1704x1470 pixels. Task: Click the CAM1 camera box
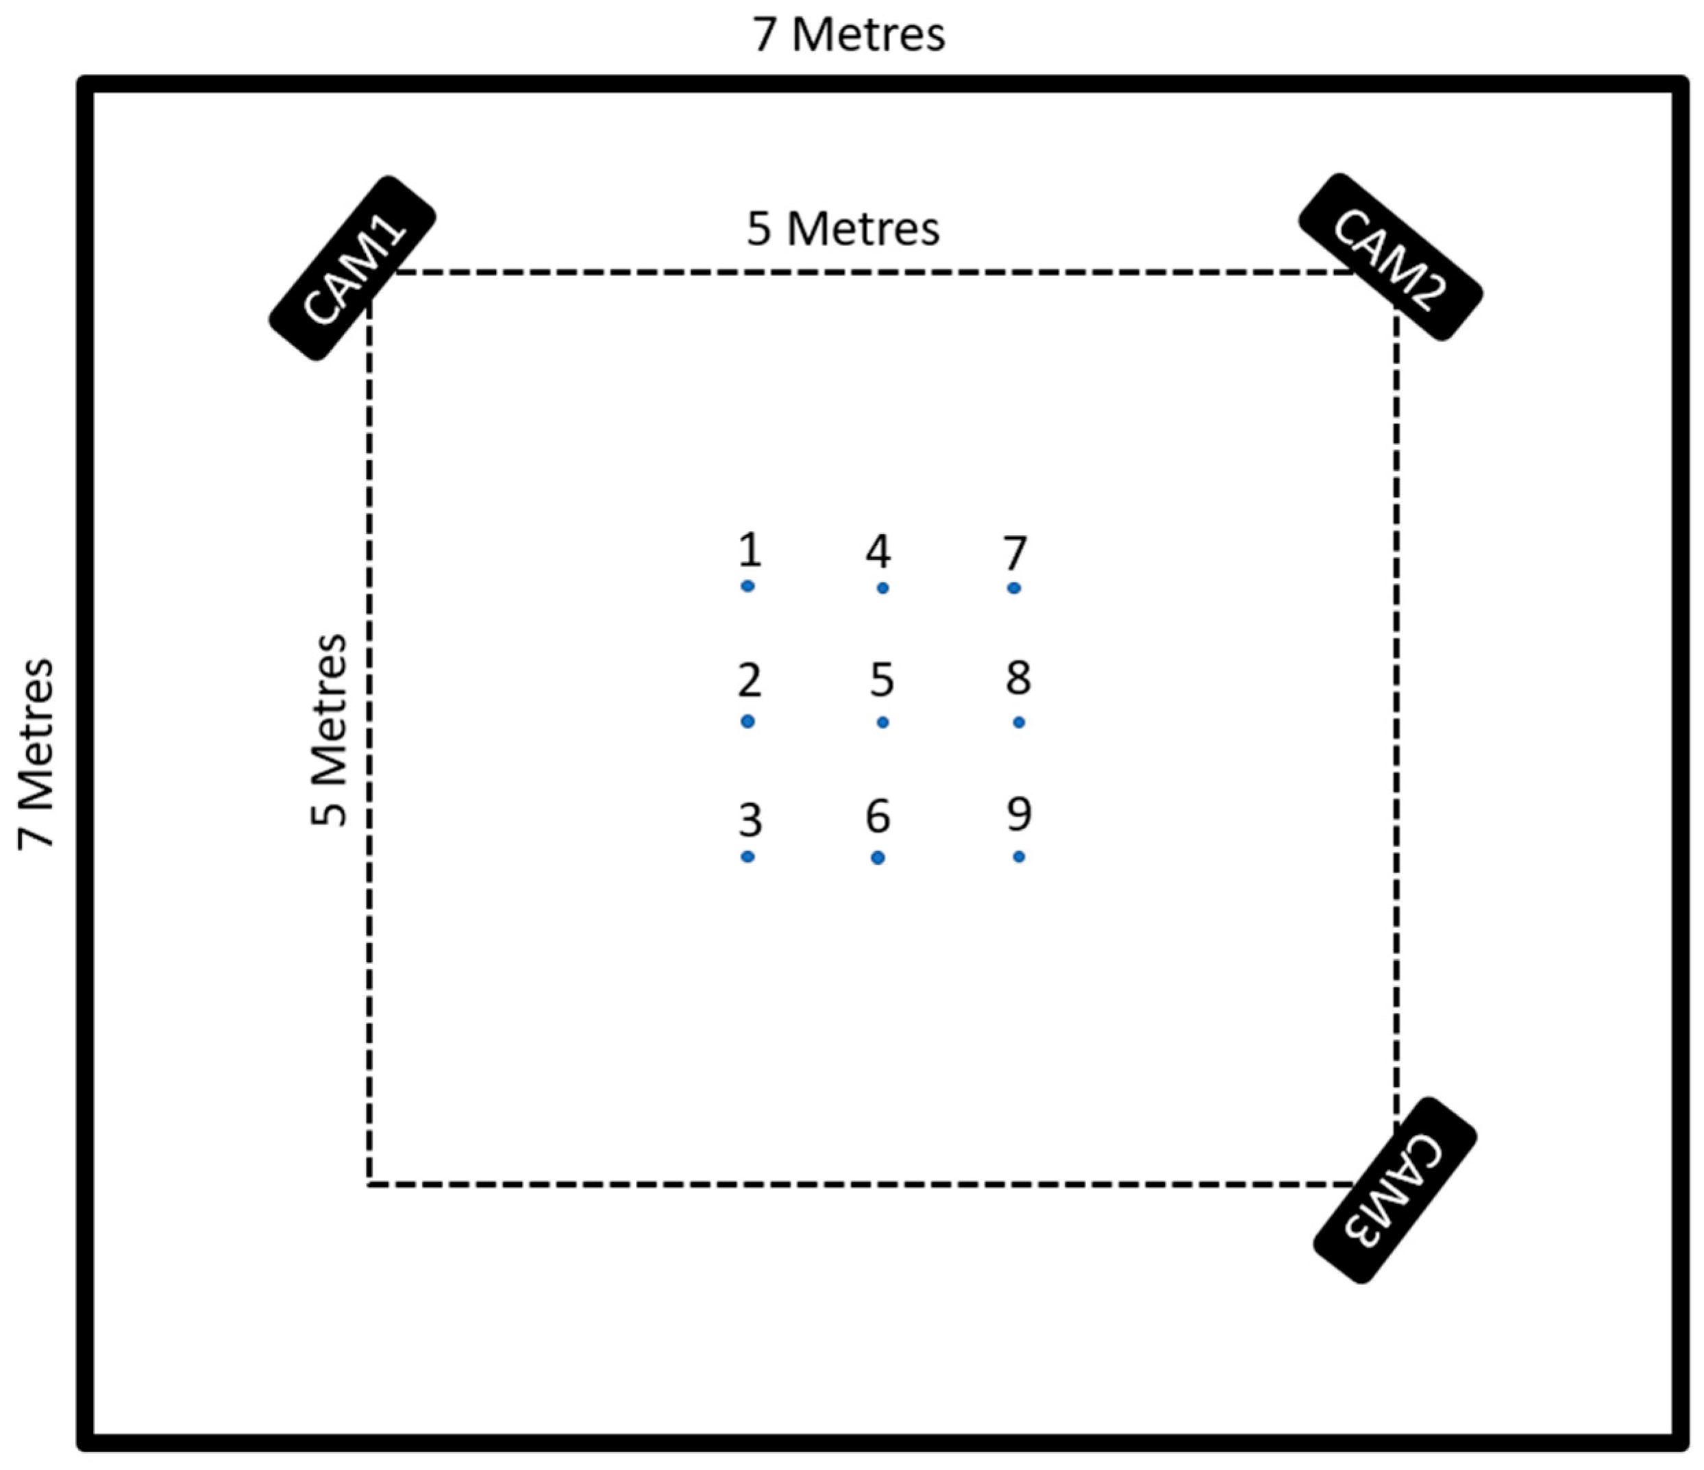coord(352,268)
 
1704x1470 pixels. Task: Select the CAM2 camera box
coord(1390,258)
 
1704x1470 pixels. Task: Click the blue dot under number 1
coord(748,587)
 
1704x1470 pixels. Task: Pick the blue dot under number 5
coord(882,722)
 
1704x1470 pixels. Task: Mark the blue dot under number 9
coord(1019,857)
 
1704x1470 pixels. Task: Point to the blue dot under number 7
coord(1014,588)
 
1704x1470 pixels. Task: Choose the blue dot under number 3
coord(748,857)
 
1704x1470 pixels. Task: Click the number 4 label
coord(878,552)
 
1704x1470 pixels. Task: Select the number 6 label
coord(878,816)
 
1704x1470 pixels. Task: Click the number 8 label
coord(1018,678)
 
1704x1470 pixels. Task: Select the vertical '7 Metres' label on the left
coord(37,755)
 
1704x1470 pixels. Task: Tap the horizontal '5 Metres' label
coord(843,229)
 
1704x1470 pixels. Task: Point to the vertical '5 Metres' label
coord(330,730)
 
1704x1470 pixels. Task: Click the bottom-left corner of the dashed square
coord(369,1184)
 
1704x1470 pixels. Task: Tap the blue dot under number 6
coord(878,858)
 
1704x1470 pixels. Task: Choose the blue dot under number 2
coord(748,722)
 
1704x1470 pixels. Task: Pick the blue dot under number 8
coord(1019,722)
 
